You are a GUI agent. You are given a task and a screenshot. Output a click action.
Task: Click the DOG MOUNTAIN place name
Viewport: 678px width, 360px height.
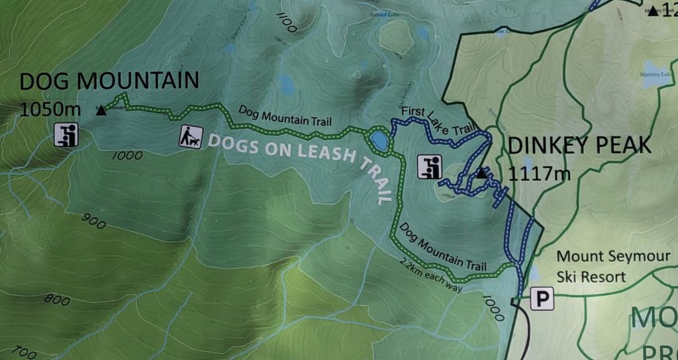[x=109, y=81]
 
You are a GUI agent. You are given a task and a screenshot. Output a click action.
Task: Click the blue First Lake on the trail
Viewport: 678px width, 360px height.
[x=379, y=140]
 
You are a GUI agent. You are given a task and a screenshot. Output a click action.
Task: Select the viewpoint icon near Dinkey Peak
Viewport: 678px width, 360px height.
[x=429, y=166]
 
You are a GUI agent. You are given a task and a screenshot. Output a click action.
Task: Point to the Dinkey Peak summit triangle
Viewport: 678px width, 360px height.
[x=481, y=174]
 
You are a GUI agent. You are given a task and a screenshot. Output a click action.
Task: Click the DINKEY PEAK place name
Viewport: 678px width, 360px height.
[x=579, y=146]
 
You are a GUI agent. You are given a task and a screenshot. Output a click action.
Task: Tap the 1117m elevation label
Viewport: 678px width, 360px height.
[x=540, y=174]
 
